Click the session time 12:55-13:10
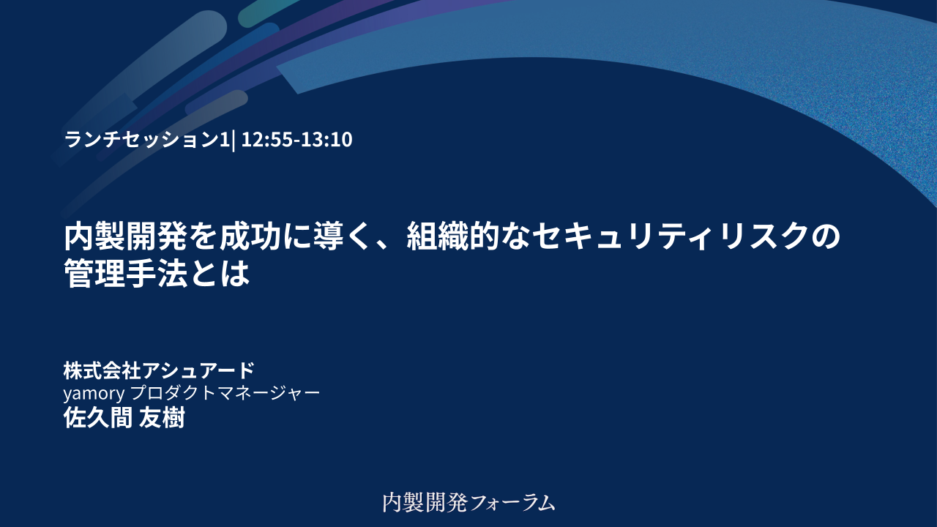(296, 139)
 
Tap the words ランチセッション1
(147, 139)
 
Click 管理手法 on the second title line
(125, 273)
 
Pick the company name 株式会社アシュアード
(159, 370)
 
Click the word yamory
(94, 394)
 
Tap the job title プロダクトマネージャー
(225, 393)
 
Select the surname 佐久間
(98, 417)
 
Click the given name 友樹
(162, 417)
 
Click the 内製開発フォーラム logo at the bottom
(469, 502)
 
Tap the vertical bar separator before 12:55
(233, 140)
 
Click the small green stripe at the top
(268, 12)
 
